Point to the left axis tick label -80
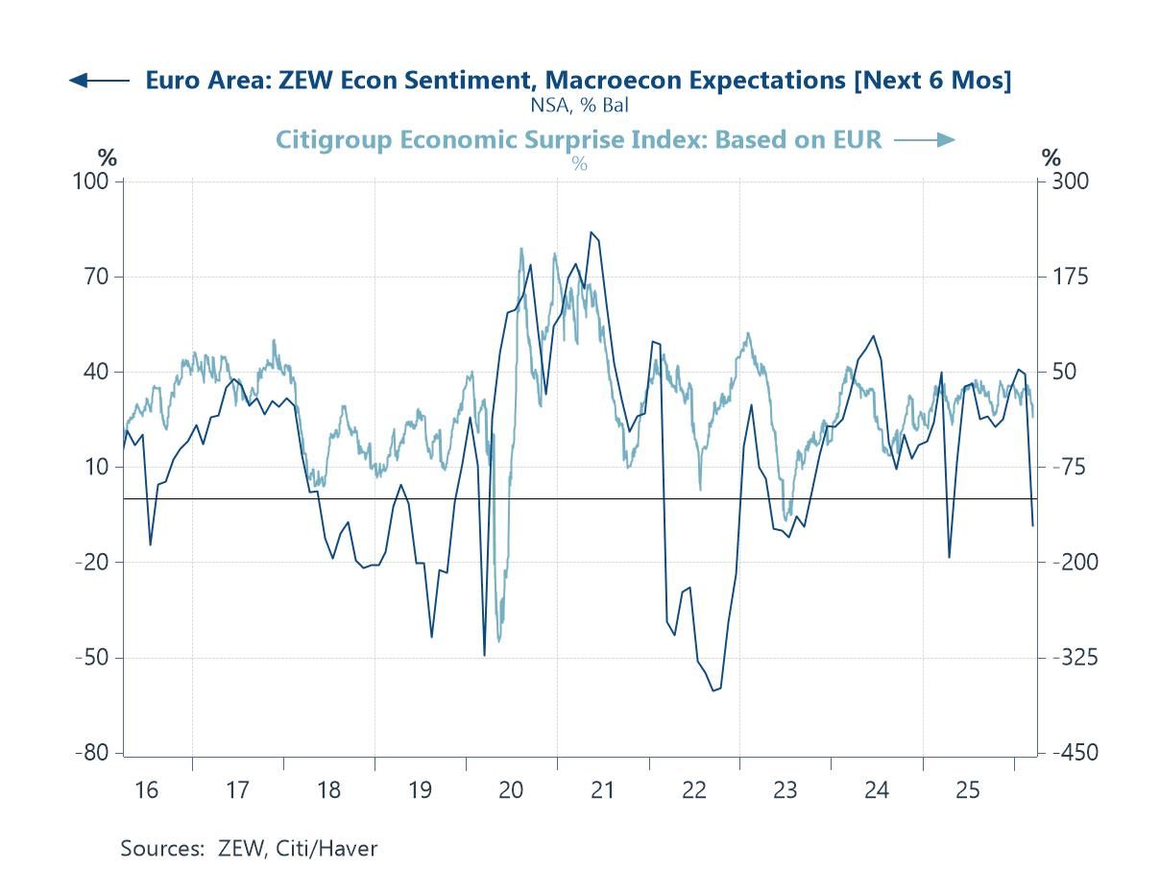coord(94,753)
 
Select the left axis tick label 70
coord(100,277)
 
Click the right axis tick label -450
coord(1067,753)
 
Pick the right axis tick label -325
coord(1067,658)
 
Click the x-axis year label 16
coord(146,790)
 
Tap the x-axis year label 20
coord(511,790)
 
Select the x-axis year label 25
coord(968,790)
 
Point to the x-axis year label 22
coord(693,790)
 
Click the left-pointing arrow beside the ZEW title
coord(99,81)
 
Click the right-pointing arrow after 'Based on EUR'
coord(924,140)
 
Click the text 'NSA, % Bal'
coord(579,105)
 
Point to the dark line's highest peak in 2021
coord(592,232)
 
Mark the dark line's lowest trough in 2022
coord(713,690)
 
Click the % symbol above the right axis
coord(1052,157)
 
